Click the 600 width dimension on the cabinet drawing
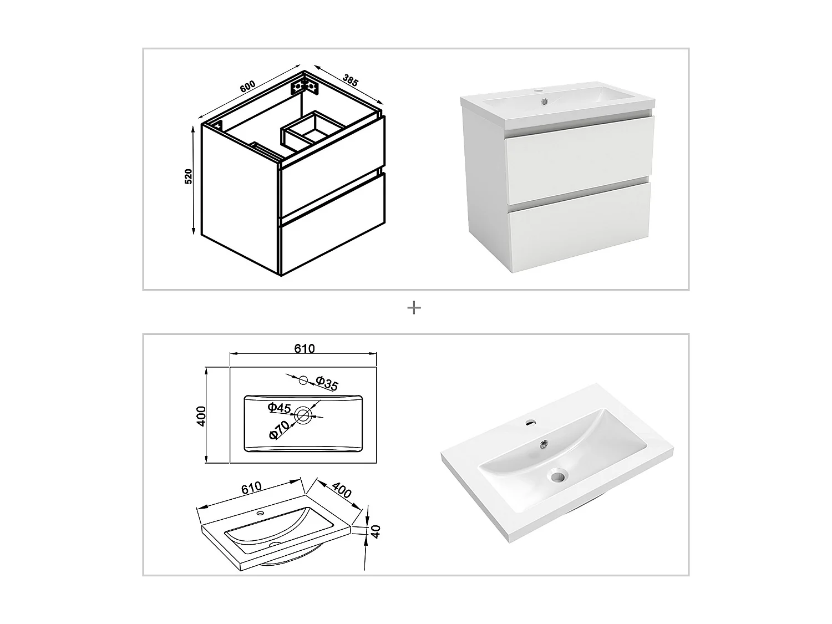coord(247,87)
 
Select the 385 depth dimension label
coord(350,79)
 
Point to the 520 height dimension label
coord(188,176)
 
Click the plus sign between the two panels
coord(414,307)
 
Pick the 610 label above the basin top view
coord(304,348)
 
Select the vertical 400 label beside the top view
coord(201,415)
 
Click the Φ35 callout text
coord(327,383)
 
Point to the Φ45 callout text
coord(279,408)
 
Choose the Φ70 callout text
coord(279,430)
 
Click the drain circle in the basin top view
coord(303,414)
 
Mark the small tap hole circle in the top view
coord(303,380)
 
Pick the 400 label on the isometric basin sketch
coord(342,490)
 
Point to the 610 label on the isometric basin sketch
coord(251,488)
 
